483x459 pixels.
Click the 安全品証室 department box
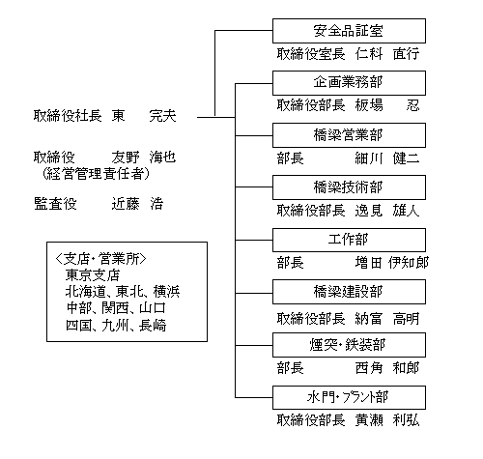coord(349,31)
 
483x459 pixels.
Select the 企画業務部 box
coord(349,83)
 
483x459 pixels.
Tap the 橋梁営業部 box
coord(349,135)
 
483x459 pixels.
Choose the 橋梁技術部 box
coord(349,187)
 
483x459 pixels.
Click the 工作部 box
coord(349,240)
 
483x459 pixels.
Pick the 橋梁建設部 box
coord(349,292)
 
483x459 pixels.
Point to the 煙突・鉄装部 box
coord(349,345)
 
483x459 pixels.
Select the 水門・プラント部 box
coord(349,397)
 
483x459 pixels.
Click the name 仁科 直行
coord(387,53)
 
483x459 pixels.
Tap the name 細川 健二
coord(387,158)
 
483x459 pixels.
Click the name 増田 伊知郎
coord(392,263)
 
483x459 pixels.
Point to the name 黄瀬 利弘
coord(387,420)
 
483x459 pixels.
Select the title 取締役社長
coord(68,116)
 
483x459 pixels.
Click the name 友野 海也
coord(144,158)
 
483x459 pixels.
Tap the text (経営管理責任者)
coord(96,174)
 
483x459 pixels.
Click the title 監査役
coord(55,204)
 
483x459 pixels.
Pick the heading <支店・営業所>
coord(101,259)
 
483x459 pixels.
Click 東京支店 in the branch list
coord(93,275)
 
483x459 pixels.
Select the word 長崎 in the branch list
coord(153,326)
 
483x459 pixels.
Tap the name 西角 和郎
coord(387,368)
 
